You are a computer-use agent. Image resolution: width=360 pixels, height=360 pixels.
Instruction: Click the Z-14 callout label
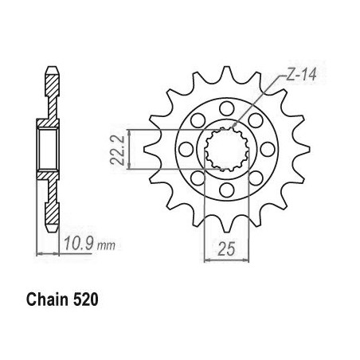(x=301, y=75)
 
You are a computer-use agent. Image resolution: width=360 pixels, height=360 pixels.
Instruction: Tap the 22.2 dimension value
(x=118, y=150)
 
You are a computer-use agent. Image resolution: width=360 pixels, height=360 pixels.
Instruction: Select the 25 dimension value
(x=226, y=249)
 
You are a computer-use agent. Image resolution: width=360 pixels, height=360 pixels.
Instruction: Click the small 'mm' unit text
(x=106, y=246)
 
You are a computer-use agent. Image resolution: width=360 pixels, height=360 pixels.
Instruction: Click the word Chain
(x=48, y=299)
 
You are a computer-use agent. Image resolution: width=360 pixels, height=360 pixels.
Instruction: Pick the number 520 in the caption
(x=85, y=299)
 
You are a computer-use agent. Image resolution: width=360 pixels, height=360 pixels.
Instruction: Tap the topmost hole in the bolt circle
(x=227, y=108)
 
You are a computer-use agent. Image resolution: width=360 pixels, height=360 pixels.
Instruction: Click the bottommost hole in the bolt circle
(x=227, y=190)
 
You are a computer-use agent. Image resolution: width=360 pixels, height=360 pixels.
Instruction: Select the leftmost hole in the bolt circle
(x=186, y=149)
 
